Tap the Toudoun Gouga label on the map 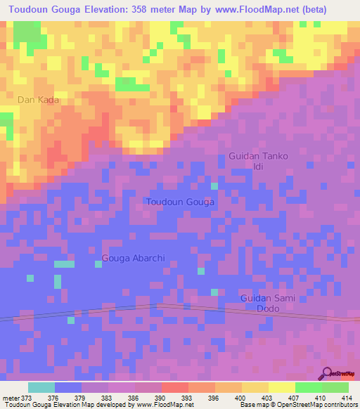(x=180, y=202)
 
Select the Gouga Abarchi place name (x=134, y=258)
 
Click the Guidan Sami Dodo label (x=268, y=304)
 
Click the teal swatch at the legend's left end (x=41, y=387)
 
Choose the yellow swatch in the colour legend (x=281, y=387)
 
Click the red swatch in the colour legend (x=174, y=387)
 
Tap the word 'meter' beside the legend (x=10, y=398)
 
